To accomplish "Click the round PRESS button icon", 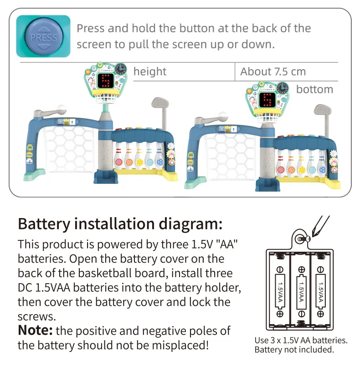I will pyautogui.click(x=43, y=36).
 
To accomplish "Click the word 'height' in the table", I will pyautogui.click(x=150, y=71).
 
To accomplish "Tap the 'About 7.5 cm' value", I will pyautogui.click(x=273, y=71).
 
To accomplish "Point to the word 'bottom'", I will pyautogui.click(x=314, y=89).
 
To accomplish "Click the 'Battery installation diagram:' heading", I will pyautogui.click(x=120, y=224).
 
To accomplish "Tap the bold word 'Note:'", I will pyautogui.click(x=36, y=330).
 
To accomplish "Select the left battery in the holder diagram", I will pyautogui.click(x=279, y=291).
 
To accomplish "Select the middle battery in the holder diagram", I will pyautogui.click(x=301, y=291).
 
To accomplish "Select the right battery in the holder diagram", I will pyautogui.click(x=322, y=291).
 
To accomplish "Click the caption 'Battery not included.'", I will pyautogui.click(x=294, y=350).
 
